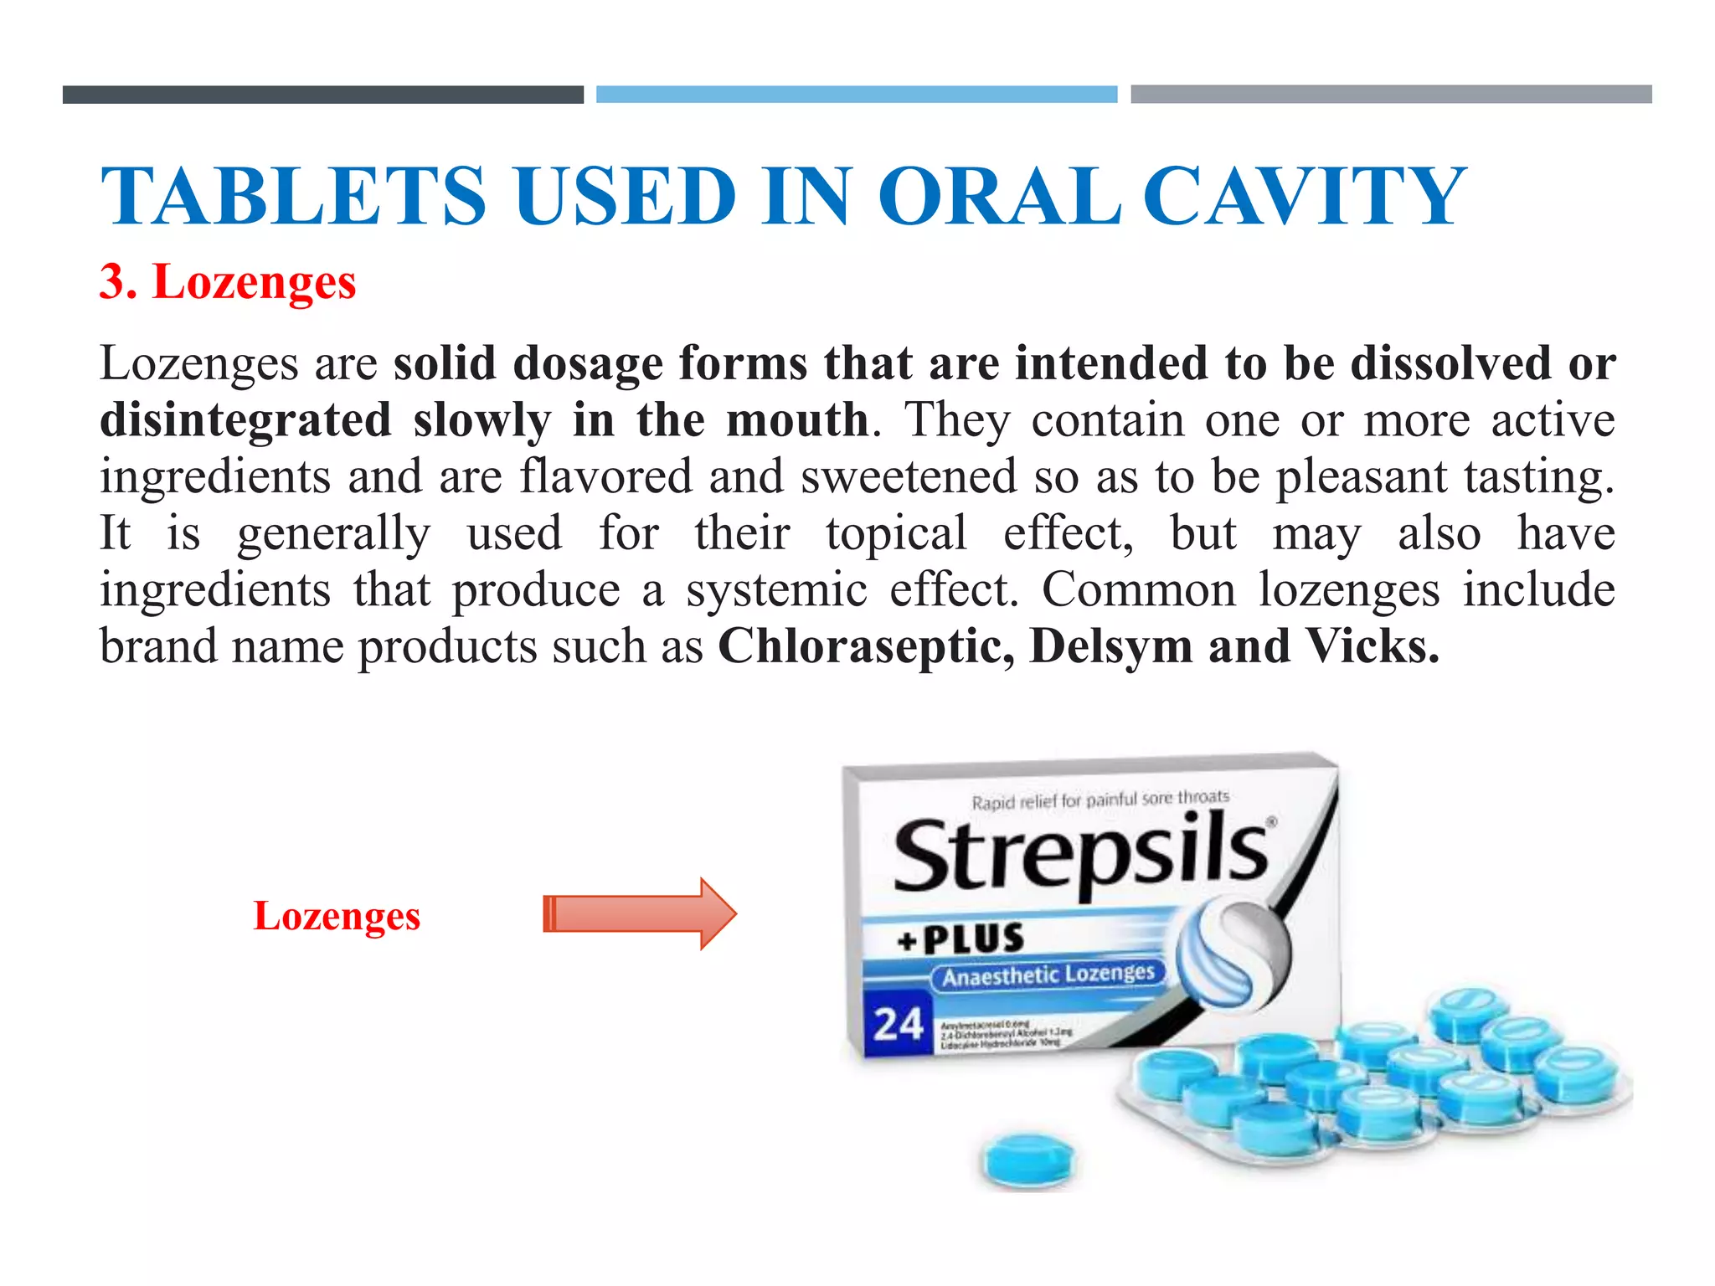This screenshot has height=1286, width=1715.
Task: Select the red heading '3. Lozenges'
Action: (x=228, y=282)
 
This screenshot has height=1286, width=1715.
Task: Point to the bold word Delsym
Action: (x=1110, y=646)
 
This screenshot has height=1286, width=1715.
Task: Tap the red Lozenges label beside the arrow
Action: (x=337, y=916)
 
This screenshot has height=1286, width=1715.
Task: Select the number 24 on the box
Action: (x=898, y=1024)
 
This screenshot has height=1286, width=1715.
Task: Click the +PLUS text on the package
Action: (x=961, y=939)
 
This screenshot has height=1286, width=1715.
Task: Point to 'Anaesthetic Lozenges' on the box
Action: (x=1048, y=975)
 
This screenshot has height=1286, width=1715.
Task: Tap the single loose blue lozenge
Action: (x=1027, y=1160)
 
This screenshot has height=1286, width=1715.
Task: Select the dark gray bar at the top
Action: (x=323, y=95)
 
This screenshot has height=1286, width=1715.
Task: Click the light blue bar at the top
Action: (x=856, y=95)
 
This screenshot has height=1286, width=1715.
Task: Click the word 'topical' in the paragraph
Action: (x=896, y=533)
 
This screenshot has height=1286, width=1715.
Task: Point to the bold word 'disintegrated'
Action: (x=245, y=420)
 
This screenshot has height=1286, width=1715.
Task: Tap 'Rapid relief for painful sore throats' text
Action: (x=1100, y=800)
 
